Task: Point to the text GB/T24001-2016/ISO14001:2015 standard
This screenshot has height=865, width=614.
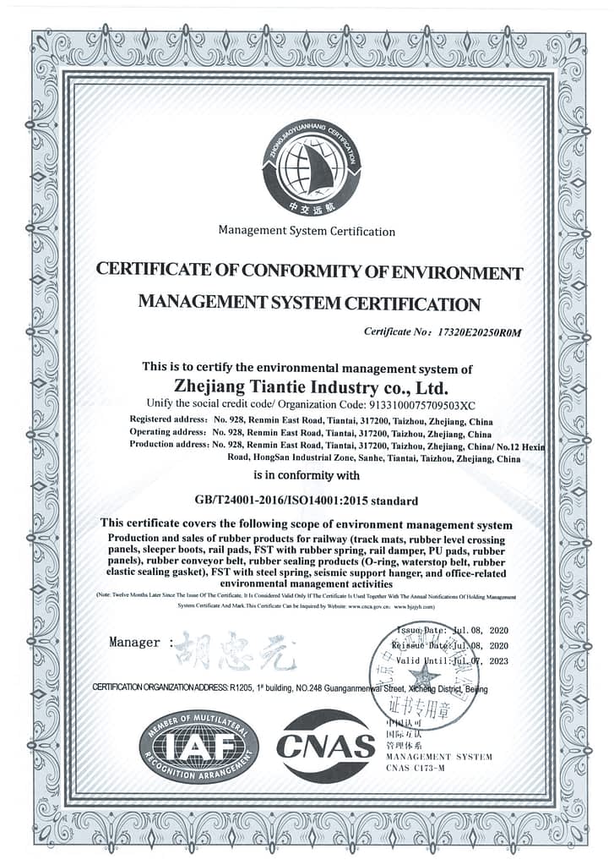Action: [307, 501]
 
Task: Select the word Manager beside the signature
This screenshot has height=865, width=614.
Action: [134, 643]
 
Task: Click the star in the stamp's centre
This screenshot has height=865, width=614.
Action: [423, 675]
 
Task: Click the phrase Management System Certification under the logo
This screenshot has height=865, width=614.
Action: [307, 231]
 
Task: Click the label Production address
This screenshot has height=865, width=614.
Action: [168, 445]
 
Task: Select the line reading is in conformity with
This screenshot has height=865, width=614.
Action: [307, 475]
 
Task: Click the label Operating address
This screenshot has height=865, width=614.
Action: [169, 432]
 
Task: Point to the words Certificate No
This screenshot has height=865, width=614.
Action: [395, 332]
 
